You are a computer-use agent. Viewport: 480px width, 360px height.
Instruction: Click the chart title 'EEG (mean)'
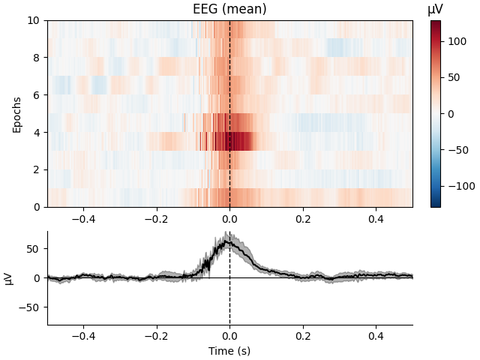coord(229,10)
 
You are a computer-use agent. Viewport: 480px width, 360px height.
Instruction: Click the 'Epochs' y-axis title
coord(17,114)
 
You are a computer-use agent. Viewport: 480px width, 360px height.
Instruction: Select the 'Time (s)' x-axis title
coord(229,351)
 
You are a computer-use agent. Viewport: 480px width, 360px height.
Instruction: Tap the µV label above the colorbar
coord(436,9)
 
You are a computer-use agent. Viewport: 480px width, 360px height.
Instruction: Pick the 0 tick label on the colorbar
coord(451,114)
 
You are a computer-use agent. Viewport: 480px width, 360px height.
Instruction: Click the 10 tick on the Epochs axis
coord(34,20)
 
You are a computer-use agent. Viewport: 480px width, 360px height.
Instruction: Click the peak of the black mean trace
coord(227,241)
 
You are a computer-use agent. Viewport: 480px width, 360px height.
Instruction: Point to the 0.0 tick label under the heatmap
coord(229,218)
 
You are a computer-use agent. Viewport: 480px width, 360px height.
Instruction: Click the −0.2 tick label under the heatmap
coord(156,218)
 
